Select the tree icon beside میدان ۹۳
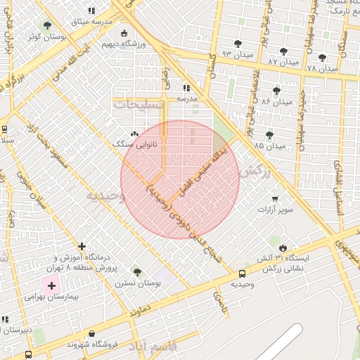[238, 44]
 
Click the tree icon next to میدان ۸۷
[283, 51]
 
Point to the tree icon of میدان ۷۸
[322, 58]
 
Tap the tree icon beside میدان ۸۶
[276, 91]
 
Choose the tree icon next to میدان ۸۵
[269, 135]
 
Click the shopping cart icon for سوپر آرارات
[275, 199]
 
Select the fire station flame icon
[283, 248]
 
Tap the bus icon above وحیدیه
[243, 274]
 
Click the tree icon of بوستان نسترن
[137, 272]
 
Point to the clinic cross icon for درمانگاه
[83, 247]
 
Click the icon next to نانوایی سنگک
[134, 134]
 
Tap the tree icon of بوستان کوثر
[48, 25]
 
